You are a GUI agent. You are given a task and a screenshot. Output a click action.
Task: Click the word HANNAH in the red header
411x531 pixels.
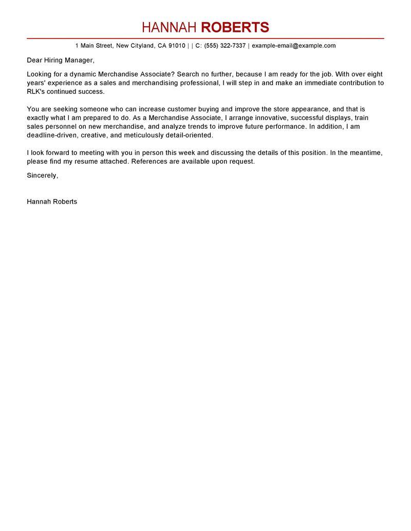click(170, 27)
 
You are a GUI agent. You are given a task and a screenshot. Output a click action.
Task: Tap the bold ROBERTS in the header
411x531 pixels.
click(235, 27)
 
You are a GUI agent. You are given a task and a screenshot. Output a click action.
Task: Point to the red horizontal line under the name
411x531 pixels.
click(206, 38)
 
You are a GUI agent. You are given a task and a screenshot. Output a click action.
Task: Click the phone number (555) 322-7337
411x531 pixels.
click(225, 46)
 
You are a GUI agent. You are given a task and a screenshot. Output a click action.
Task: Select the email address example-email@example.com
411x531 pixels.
click(294, 46)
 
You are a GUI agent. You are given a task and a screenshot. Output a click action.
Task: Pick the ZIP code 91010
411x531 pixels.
click(177, 46)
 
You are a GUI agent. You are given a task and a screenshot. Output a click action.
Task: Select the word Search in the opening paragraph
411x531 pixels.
click(188, 74)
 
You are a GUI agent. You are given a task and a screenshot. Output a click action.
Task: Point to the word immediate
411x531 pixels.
click(315, 83)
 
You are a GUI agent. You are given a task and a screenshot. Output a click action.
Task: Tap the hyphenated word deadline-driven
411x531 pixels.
click(52, 135)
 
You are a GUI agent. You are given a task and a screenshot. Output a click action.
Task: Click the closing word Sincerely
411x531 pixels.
click(42, 175)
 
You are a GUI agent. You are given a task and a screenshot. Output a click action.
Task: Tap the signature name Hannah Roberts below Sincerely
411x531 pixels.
click(52, 202)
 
